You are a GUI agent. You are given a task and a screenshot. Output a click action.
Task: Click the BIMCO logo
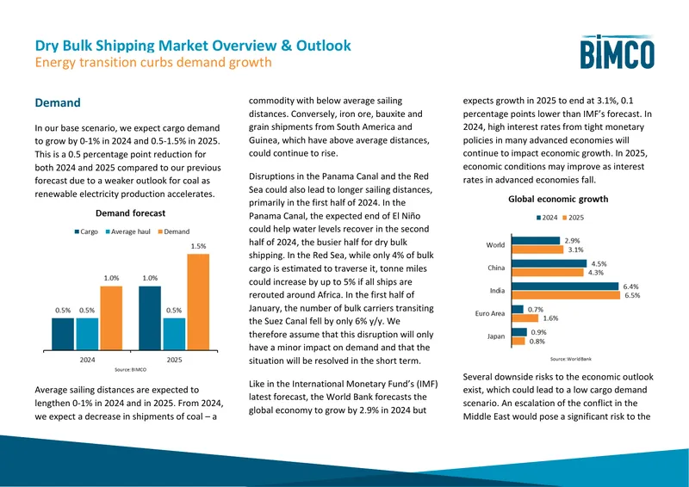tap(617, 52)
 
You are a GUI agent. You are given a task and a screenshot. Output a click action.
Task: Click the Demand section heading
tap(58, 102)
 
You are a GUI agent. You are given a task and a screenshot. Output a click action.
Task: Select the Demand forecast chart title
tap(131, 213)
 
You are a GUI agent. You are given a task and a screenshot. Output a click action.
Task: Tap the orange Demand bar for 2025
tap(198, 302)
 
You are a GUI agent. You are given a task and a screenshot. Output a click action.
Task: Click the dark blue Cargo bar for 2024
tap(63, 334)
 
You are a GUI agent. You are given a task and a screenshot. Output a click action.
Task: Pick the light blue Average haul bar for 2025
tap(174, 334)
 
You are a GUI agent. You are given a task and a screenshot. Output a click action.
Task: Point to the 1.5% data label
tap(198, 246)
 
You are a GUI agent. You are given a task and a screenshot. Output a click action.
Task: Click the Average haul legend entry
tap(128, 231)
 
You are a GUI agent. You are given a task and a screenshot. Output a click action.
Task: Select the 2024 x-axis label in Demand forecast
tap(87, 360)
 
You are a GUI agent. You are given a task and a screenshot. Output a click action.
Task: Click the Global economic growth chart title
tap(558, 199)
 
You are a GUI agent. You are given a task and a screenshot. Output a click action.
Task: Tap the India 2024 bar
tap(565, 287)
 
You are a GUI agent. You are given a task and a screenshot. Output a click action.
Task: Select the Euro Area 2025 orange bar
tap(525, 318)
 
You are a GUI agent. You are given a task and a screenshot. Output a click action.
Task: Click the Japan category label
tap(496, 336)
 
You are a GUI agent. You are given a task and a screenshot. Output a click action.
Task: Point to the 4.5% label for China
tap(599, 264)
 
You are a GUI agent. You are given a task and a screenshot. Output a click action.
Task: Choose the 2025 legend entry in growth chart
tap(573, 218)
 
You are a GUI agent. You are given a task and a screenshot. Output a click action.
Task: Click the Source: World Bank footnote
tap(571, 359)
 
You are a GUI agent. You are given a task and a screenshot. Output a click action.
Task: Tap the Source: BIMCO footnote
tap(131, 369)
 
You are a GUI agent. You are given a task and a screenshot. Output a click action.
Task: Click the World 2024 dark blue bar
tap(536, 241)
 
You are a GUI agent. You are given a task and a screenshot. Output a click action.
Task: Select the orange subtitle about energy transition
tap(153, 62)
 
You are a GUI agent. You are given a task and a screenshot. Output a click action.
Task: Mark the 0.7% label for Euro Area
tap(536, 310)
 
